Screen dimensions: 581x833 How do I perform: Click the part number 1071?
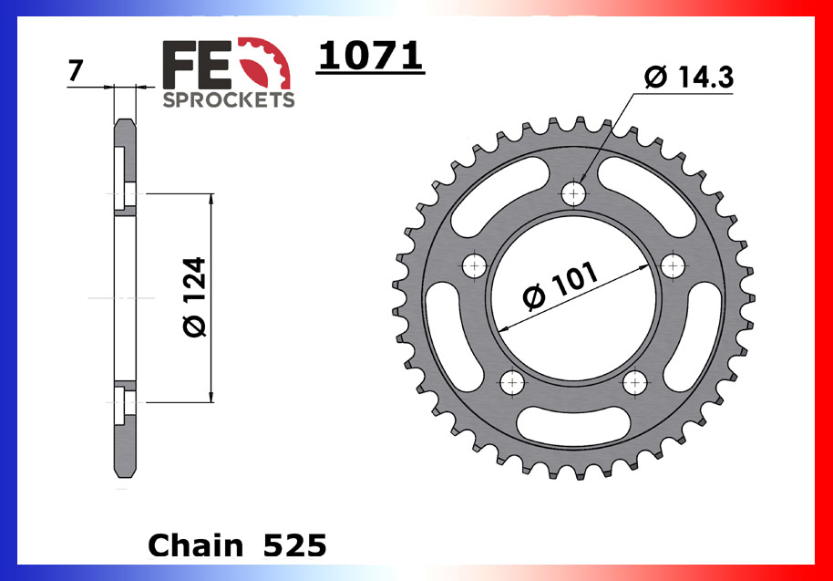tap(371, 57)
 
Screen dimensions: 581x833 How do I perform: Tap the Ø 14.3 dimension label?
tap(688, 78)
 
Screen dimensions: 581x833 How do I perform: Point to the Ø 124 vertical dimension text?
tap(194, 297)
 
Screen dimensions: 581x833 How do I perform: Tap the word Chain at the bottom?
tap(195, 545)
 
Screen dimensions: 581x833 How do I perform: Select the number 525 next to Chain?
tap(293, 545)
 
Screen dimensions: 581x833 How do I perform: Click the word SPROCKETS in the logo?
tap(228, 99)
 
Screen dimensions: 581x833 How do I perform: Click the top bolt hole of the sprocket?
tap(574, 192)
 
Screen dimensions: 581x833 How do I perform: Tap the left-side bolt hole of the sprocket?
tap(475, 265)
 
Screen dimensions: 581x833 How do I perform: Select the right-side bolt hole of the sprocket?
tap(674, 265)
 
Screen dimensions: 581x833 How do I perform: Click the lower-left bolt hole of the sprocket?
tap(512, 381)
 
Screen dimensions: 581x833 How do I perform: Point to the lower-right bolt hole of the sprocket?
tap(635, 381)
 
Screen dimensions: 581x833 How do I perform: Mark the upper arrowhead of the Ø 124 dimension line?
tap(211, 200)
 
